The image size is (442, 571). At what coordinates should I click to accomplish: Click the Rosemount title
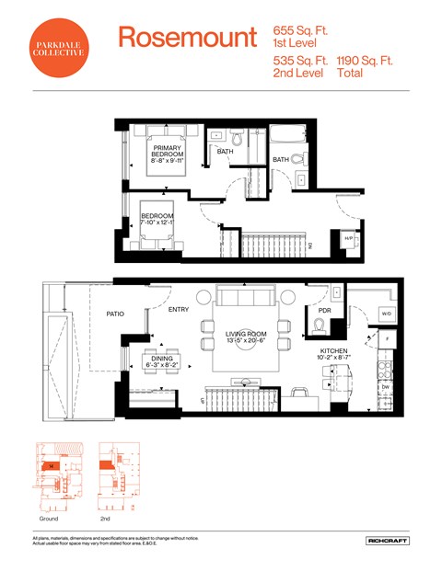(187, 38)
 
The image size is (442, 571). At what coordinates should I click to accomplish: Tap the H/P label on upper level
(348, 238)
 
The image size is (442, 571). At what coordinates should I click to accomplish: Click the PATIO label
(114, 314)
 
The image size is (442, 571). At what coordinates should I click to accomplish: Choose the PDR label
(324, 310)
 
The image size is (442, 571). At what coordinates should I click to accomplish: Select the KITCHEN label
(333, 351)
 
